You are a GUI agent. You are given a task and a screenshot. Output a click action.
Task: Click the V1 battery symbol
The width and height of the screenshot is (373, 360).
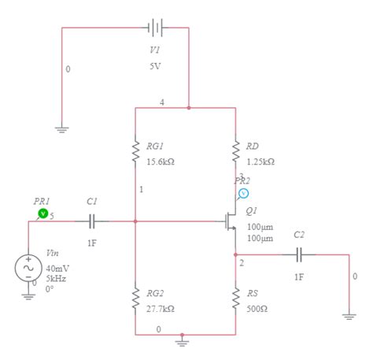coord(156,28)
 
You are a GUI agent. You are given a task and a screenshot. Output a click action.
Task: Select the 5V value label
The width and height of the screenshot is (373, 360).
coord(156,66)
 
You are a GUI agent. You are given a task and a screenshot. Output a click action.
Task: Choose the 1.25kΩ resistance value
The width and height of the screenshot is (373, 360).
coord(260,161)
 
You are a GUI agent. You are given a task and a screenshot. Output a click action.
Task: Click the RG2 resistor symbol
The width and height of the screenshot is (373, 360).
coord(135,299)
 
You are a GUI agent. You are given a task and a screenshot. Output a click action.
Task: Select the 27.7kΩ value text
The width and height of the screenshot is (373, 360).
coord(161,309)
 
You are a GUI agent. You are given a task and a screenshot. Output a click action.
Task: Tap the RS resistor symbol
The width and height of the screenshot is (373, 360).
coord(235,299)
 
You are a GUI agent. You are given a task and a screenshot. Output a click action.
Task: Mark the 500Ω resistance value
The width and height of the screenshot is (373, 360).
coord(257,309)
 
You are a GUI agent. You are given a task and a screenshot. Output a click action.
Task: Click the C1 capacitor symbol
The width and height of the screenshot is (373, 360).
coord(92,221)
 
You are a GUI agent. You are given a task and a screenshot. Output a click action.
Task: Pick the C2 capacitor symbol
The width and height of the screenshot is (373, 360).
coord(298,254)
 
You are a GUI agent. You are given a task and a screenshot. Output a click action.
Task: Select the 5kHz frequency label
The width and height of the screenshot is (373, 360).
coord(56,279)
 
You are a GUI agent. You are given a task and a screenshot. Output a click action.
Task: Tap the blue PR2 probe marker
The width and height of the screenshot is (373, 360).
coord(244,192)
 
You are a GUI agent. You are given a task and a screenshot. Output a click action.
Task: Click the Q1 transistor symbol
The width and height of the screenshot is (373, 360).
coord(231,221)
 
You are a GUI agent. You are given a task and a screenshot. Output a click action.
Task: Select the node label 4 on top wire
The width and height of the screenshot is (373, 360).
coord(161,103)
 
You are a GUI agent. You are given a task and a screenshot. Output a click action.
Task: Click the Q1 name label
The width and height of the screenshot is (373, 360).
coord(252,210)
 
